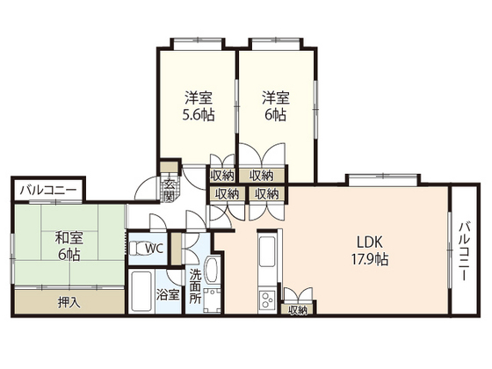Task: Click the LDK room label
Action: [x=369, y=242]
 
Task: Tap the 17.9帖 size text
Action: [x=370, y=259]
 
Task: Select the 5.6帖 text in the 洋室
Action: [x=199, y=115]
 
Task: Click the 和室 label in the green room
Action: [x=69, y=237]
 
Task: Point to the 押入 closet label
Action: [x=69, y=302]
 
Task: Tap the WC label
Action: [x=154, y=249]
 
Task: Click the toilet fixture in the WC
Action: [x=137, y=249]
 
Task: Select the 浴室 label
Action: [x=168, y=295]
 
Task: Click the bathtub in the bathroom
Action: [x=141, y=291]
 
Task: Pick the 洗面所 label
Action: [x=195, y=286]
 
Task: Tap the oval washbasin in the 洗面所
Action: [x=212, y=271]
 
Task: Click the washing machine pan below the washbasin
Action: [x=212, y=300]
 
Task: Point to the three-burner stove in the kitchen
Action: [x=267, y=300]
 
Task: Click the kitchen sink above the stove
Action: [x=267, y=251]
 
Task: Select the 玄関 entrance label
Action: [x=169, y=191]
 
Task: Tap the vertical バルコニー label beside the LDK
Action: [x=466, y=251]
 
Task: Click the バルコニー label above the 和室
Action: [x=48, y=191]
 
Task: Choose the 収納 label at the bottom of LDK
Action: [x=298, y=310]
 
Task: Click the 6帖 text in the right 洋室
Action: [x=276, y=115]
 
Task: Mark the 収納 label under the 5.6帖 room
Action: [x=222, y=176]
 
